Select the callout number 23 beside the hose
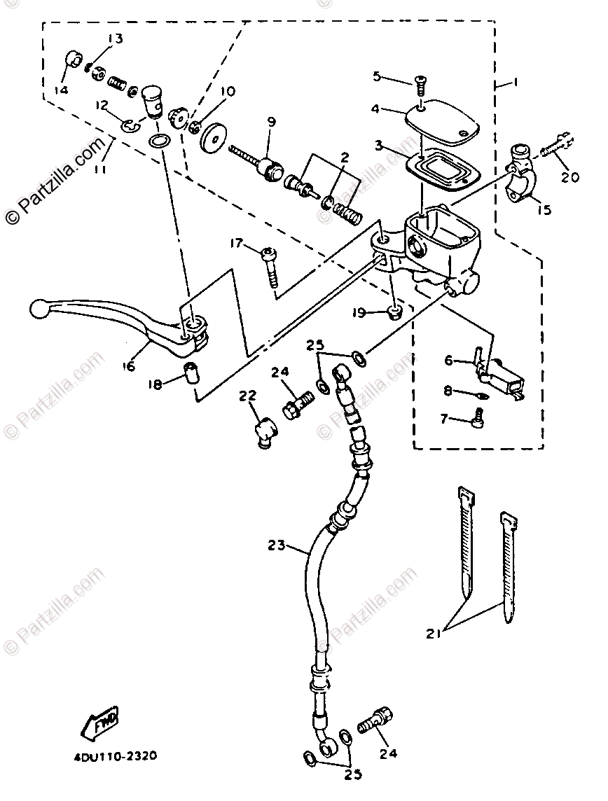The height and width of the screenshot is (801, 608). pyautogui.click(x=277, y=545)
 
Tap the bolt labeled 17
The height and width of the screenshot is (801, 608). pyautogui.click(x=270, y=267)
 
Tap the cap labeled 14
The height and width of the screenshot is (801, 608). pyautogui.click(x=72, y=60)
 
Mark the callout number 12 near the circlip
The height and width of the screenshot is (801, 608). pyautogui.click(x=103, y=105)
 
